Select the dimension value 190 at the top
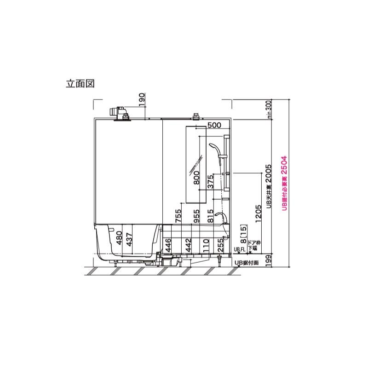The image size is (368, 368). point(141,100)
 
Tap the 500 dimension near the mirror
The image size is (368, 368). point(214,125)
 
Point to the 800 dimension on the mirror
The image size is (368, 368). point(197,177)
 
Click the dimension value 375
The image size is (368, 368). point(211,182)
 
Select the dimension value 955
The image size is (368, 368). point(197,216)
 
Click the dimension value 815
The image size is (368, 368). point(211,216)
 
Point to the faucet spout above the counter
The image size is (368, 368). point(220,217)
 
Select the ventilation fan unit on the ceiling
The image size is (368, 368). point(120,113)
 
